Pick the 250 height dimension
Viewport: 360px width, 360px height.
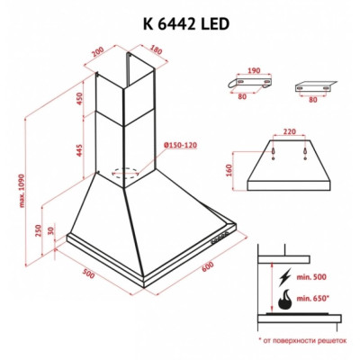pyautogui.click(x=37, y=231)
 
